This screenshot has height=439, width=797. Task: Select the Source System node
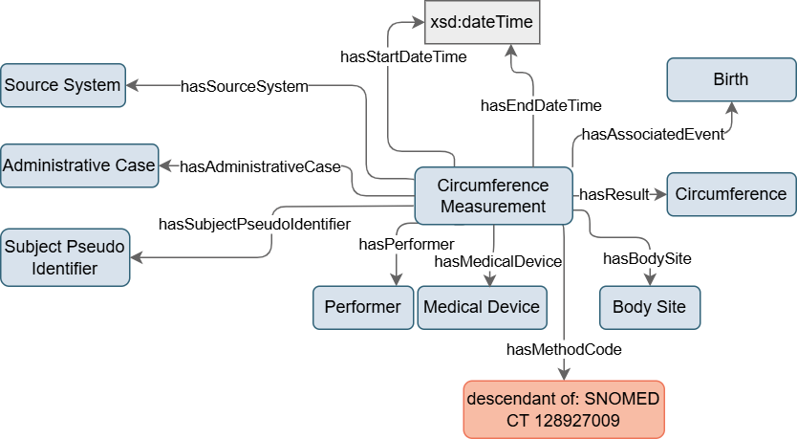[63, 85]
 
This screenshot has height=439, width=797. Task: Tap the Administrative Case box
[78, 165]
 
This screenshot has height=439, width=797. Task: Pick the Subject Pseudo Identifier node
[65, 257]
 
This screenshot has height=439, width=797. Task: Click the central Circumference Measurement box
[492, 195]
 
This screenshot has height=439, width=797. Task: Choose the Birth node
[730, 79]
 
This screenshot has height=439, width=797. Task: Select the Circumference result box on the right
[730, 194]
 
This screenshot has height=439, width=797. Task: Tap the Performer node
[362, 307]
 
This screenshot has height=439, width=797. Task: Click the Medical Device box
[481, 307]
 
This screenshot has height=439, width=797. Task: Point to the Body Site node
[649, 307]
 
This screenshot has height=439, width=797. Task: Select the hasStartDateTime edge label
[403, 57]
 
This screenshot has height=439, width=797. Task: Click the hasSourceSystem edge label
[245, 87]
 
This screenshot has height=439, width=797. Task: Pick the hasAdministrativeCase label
[260, 166]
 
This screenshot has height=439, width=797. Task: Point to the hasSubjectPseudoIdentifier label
[253, 225]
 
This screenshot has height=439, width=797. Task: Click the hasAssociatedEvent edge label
[653, 134]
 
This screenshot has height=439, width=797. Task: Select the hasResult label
[614, 194]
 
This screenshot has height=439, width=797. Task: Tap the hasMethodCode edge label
[564, 350]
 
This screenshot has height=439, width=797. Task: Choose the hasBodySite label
[647, 258]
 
